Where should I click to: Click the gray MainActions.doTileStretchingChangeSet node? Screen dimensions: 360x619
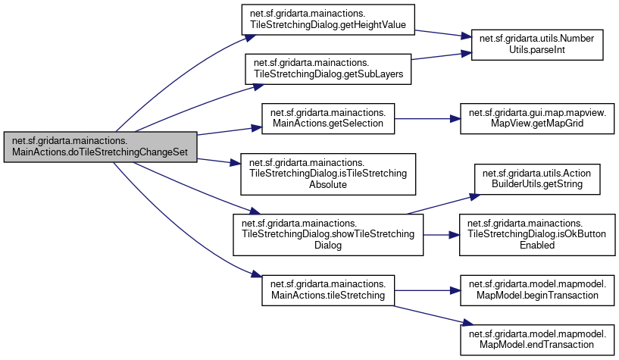pos(100,146)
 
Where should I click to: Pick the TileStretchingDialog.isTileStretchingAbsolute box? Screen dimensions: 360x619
pos(327,173)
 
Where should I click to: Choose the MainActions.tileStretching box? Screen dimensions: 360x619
pos(327,289)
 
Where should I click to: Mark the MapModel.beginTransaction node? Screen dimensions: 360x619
pos(537,289)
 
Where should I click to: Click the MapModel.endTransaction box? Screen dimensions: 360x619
pos(537,338)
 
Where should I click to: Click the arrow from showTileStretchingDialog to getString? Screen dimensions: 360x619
pos(439,202)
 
